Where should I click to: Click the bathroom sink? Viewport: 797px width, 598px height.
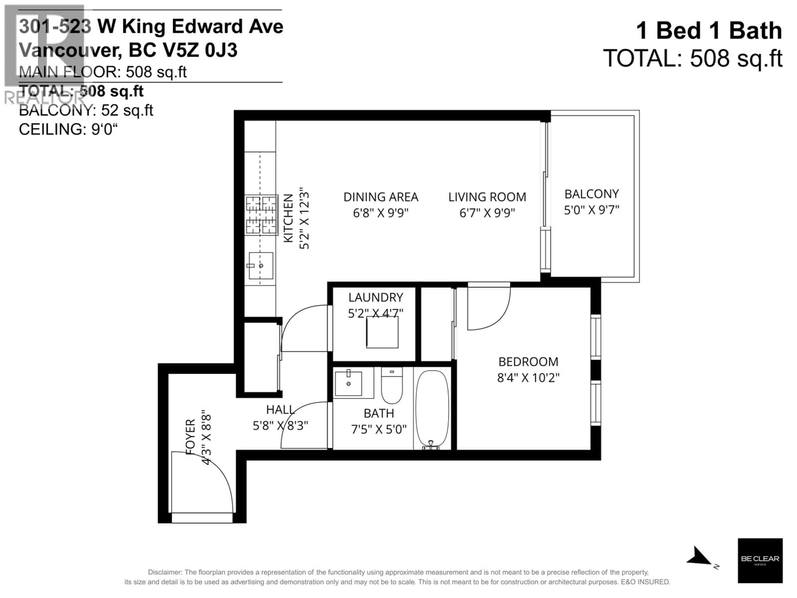[x=348, y=383]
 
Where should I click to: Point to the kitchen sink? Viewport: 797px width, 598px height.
[x=261, y=266]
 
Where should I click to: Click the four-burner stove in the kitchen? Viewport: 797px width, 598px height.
[x=261, y=215]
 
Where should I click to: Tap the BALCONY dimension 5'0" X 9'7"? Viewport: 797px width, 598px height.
[x=591, y=210]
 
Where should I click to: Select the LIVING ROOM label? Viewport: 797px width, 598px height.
[x=487, y=197]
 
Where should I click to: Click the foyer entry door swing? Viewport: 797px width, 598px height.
[x=202, y=483]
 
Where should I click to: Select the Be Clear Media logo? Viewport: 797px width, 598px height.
[x=760, y=560]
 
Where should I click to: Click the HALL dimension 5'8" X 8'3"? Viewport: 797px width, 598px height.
[x=280, y=426]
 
